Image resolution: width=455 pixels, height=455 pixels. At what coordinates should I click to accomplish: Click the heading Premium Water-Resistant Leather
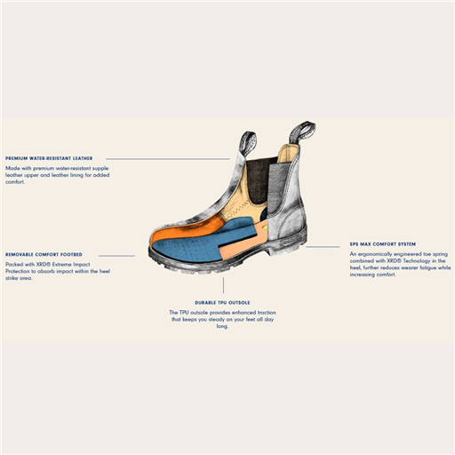point(49,158)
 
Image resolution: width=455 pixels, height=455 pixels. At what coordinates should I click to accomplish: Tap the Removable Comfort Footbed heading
point(44,254)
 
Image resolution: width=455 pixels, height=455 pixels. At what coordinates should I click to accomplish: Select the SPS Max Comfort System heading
point(383,244)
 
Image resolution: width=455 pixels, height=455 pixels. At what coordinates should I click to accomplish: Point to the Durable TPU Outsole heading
point(222,302)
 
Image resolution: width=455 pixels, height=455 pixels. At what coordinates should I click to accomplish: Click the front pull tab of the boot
point(247,143)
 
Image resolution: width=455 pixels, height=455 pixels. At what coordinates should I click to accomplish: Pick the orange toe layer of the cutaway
point(187,228)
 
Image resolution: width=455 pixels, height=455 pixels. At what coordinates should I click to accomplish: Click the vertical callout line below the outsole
point(223,285)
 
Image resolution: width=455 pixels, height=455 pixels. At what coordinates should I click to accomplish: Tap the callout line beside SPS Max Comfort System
point(323,246)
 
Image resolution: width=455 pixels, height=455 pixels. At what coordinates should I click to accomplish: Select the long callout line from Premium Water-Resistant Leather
point(168,159)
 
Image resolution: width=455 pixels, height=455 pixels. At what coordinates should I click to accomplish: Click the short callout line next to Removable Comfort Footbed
point(116,256)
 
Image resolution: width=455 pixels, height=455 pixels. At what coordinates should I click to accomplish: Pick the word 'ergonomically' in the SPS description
point(376,254)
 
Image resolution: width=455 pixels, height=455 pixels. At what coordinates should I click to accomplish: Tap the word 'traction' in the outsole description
point(267,313)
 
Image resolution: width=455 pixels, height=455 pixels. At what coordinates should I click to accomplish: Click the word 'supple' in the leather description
point(100,169)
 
